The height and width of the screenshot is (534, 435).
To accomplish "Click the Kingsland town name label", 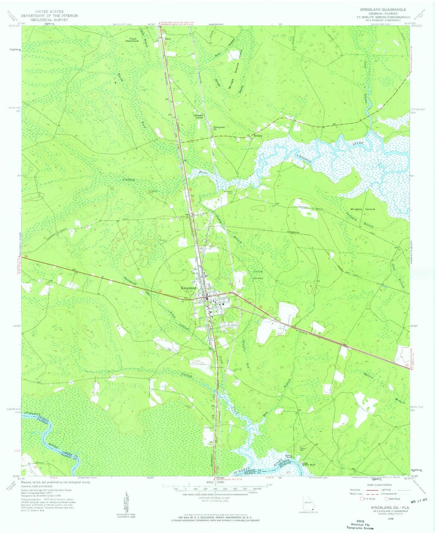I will pyautogui.click(x=188, y=288).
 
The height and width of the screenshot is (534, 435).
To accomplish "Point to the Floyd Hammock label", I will pyautogui.click(x=132, y=40).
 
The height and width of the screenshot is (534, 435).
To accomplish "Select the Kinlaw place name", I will pyautogui.click(x=258, y=136).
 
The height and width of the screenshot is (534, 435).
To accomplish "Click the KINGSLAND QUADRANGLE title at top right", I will pyautogui.click(x=383, y=10).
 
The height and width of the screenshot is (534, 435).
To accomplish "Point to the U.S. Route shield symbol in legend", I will pyautogui.click(x=362, y=499).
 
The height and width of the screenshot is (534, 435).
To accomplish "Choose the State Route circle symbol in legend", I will pyautogui.click(x=386, y=499).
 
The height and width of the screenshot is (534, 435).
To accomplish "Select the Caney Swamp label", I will pyautogui.click(x=258, y=275).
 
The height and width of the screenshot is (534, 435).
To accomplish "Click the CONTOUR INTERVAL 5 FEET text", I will pyautogui.click(x=214, y=498).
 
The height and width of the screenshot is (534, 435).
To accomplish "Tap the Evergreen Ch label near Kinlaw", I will pyautogui.click(x=219, y=128).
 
